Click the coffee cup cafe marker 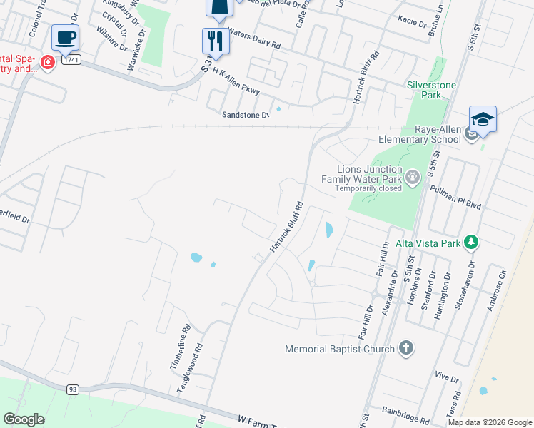click(x=65, y=38)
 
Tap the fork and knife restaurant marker click(x=215, y=41)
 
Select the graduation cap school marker click(x=483, y=119)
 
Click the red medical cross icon click(x=48, y=63)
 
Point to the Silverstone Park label click(x=431, y=89)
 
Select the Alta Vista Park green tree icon click(x=470, y=243)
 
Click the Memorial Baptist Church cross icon click(x=405, y=349)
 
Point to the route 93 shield click(x=72, y=389)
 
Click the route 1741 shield click(x=70, y=61)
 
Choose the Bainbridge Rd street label click(x=405, y=412)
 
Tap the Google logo click(x=24, y=419)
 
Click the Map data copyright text click(x=489, y=422)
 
